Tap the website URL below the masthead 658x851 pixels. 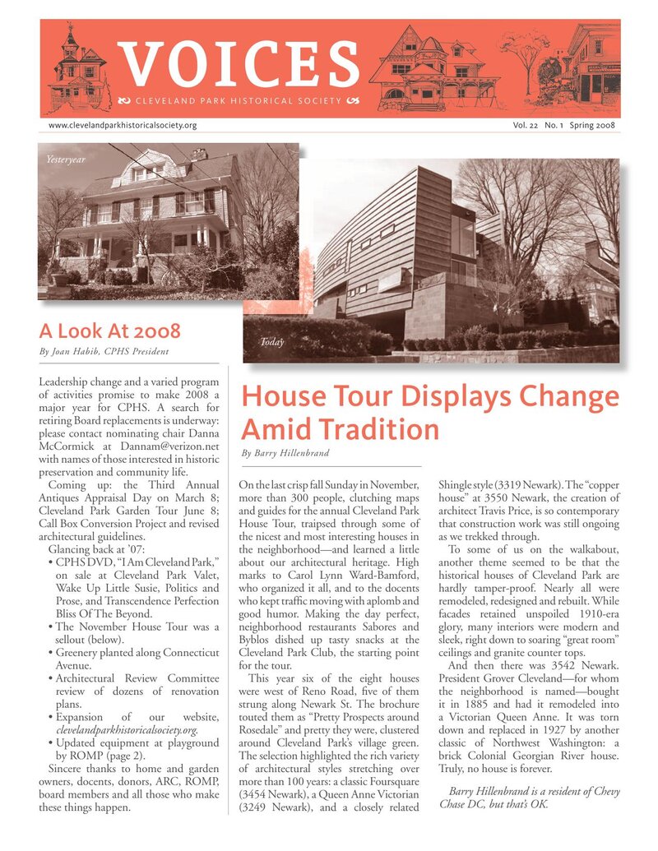(123, 126)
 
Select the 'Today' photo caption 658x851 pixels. (271, 341)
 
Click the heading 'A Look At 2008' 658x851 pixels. (109, 332)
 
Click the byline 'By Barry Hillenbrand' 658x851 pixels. (285, 453)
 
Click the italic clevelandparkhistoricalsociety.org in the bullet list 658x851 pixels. (127, 729)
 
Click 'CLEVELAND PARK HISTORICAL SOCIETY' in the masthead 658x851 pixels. (236, 101)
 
